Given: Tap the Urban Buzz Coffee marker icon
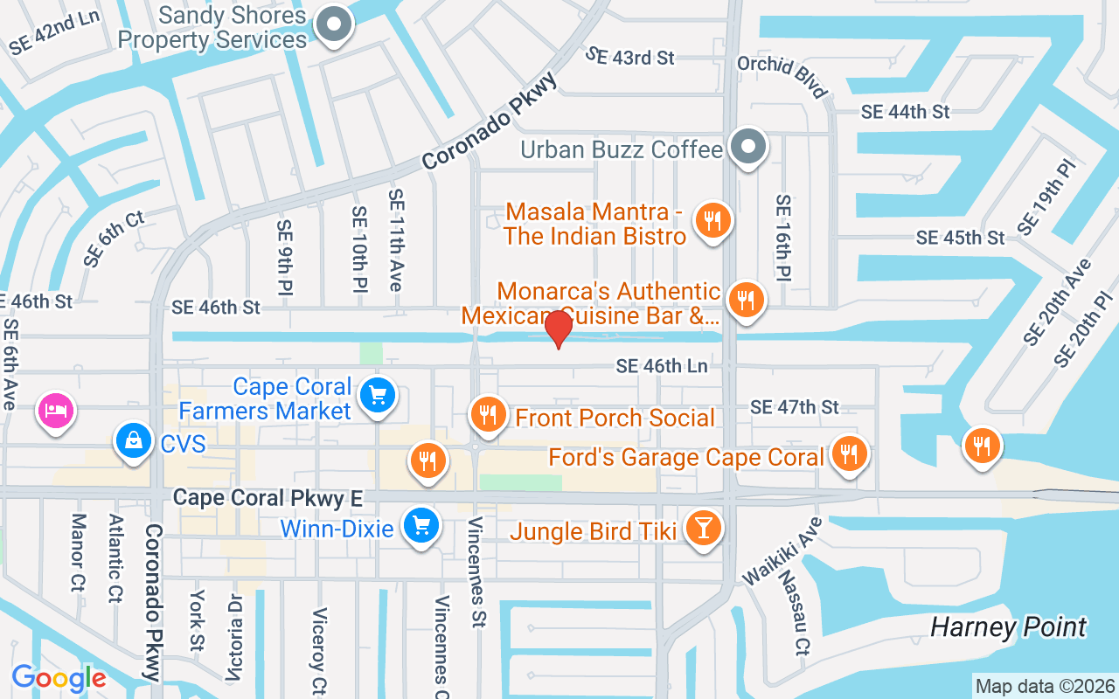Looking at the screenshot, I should [748, 148].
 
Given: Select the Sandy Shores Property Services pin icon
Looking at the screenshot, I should [333, 26].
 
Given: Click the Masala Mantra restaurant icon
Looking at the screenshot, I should [713, 222].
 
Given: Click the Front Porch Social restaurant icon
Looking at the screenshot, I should [488, 416].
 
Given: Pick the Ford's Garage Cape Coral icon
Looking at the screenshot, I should [847, 454].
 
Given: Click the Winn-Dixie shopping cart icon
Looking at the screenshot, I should [421, 526].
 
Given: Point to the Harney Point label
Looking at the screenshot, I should [1007, 627].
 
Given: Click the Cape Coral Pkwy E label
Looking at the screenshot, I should [268, 498].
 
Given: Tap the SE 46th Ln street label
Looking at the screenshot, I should [662, 366].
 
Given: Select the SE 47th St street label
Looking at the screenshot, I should [794, 407].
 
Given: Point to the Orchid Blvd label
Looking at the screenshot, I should [782, 77].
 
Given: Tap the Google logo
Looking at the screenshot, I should [59, 678].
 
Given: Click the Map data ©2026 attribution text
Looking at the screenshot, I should [1045, 687].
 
